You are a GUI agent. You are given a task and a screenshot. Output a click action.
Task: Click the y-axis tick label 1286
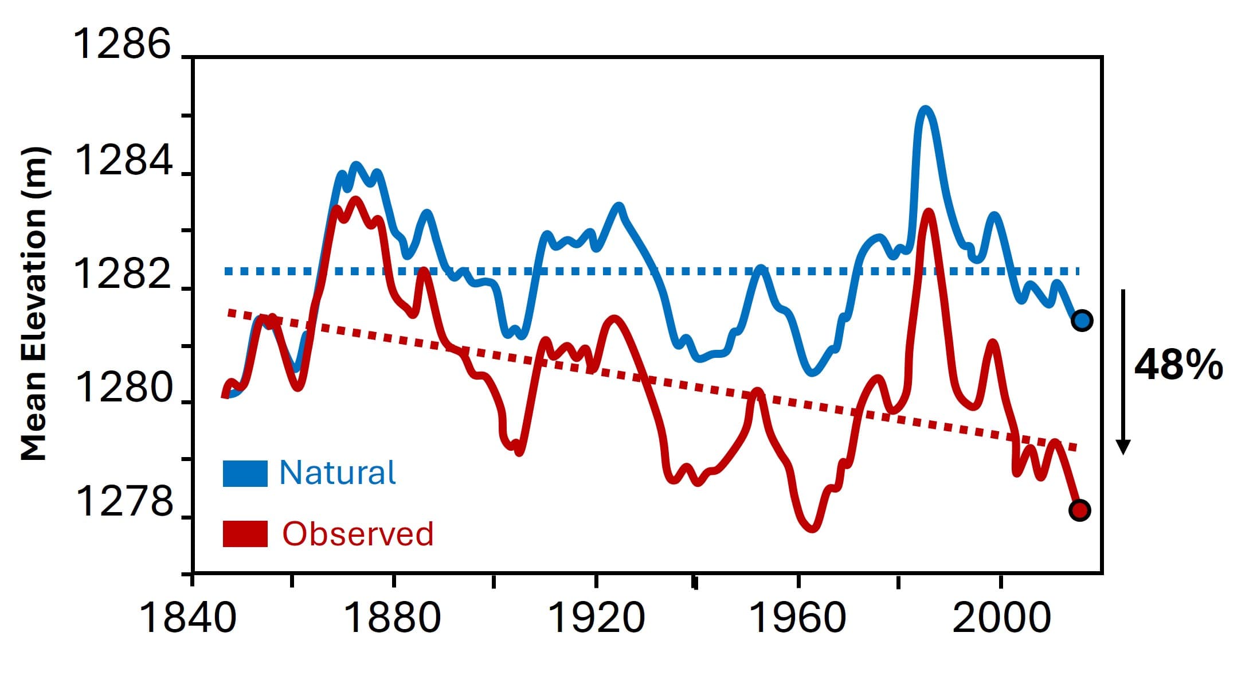[x=123, y=44]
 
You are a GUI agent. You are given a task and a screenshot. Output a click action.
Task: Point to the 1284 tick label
[x=123, y=161]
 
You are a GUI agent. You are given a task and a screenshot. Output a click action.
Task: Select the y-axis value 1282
[x=123, y=274]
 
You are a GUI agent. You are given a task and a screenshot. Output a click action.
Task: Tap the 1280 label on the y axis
[x=123, y=388]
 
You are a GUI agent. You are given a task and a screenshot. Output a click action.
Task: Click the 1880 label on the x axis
[x=393, y=618]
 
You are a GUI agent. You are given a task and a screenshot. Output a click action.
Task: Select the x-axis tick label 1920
[x=596, y=618]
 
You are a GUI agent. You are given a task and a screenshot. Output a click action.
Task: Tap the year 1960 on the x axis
[x=797, y=618]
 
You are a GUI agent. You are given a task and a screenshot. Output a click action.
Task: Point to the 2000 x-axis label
[x=1001, y=618]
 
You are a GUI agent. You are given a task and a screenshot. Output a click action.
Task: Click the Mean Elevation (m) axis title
[x=34, y=304]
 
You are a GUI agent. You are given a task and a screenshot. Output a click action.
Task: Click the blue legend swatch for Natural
[x=245, y=474]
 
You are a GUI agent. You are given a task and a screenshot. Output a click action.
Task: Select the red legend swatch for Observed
[x=245, y=534]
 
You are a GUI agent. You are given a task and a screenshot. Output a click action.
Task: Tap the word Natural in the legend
[x=337, y=473]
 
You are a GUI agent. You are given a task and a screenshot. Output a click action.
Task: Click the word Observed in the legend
[x=358, y=534]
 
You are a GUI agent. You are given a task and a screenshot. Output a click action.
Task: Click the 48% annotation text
[x=1178, y=365]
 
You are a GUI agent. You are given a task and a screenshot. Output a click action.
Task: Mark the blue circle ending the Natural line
[x=1082, y=320]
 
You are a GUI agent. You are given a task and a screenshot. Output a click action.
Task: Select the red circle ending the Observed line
[x=1079, y=510]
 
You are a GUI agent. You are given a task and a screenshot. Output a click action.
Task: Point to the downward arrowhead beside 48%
[x=1123, y=447]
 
